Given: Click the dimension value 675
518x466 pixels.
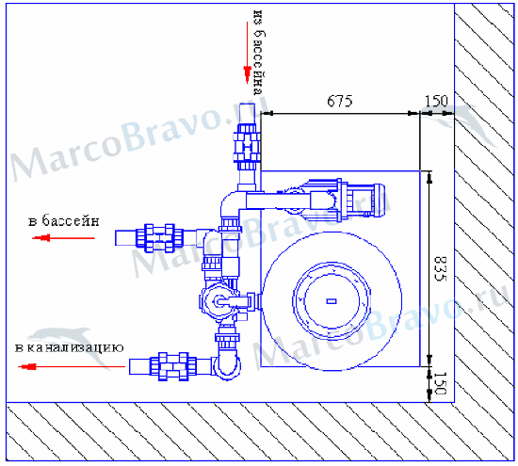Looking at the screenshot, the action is click(x=340, y=101).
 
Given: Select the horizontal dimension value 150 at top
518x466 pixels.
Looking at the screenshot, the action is click(x=436, y=101).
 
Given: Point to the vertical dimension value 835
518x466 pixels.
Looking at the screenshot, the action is click(x=440, y=269).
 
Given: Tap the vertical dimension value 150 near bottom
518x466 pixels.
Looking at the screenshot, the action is click(x=440, y=383).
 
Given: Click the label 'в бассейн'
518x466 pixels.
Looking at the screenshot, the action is click(x=64, y=220).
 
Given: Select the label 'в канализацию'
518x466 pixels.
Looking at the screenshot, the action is click(x=70, y=347).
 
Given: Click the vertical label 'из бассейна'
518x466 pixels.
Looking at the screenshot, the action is click(x=259, y=53).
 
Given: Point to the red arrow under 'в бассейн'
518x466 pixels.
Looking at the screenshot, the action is click(x=63, y=238).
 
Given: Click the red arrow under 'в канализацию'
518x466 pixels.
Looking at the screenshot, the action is click(x=72, y=366).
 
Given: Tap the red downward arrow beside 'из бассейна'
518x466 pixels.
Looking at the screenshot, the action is click(x=247, y=53).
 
